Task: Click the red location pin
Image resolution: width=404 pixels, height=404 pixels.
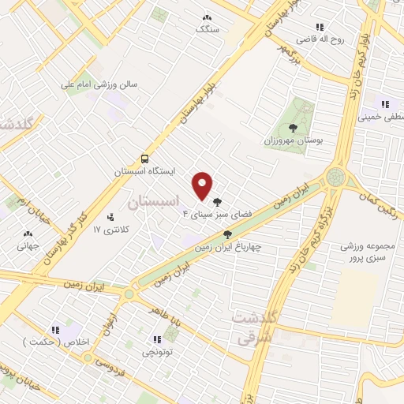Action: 203,185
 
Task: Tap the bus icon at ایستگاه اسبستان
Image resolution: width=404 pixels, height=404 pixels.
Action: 144,158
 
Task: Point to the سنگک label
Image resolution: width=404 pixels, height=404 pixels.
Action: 207,28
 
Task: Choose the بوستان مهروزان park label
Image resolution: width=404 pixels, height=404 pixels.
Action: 294,140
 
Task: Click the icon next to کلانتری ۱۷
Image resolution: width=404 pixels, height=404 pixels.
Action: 110,216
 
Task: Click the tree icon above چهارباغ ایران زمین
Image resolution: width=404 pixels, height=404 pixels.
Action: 227,234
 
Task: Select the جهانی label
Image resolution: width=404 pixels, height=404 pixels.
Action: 29,245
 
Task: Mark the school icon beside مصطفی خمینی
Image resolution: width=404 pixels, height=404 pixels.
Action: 385,103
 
